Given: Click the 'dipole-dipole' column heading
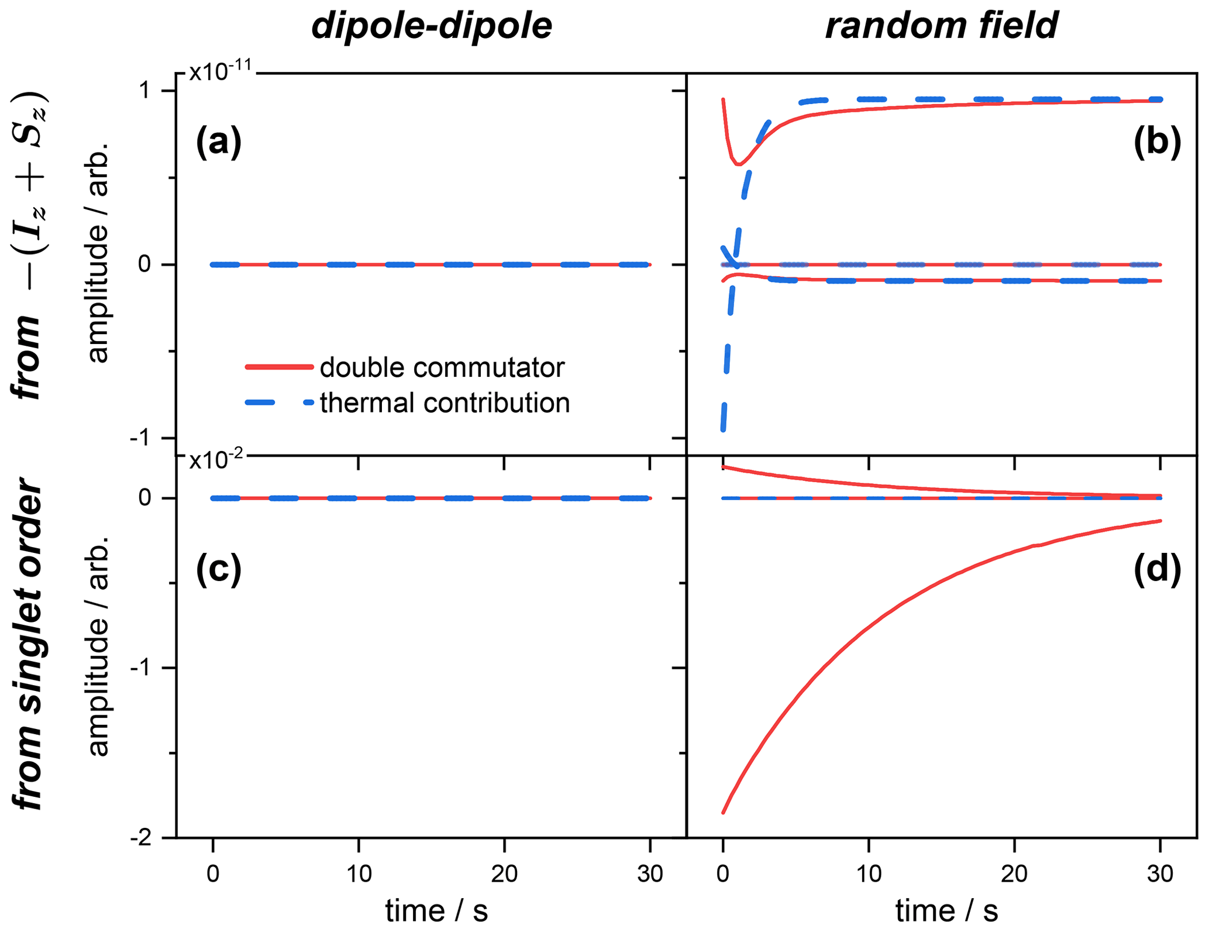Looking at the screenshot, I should pyautogui.click(x=431, y=26).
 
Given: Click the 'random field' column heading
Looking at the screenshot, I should pyautogui.click(x=941, y=26).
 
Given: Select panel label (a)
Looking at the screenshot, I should pyautogui.click(x=218, y=142).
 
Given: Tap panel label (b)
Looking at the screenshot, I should pyautogui.click(x=1157, y=142).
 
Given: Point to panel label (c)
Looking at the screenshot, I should pyautogui.click(x=218, y=569).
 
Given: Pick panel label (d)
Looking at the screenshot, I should pyautogui.click(x=1157, y=569).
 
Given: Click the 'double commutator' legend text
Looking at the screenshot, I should pyautogui.click(x=442, y=367).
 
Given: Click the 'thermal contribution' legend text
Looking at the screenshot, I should pyautogui.click(x=445, y=403).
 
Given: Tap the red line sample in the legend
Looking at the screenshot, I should pyautogui.click(x=279, y=367).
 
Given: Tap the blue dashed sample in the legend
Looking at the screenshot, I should pyautogui.click(x=279, y=403).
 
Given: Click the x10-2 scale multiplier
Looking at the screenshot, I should pyautogui.click(x=216, y=460).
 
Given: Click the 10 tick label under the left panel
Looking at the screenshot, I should pyautogui.click(x=358, y=873).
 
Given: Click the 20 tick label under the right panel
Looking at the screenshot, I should pyautogui.click(x=1014, y=873).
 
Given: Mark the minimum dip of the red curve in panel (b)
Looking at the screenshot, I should pyautogui.click(x=739, y=164).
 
